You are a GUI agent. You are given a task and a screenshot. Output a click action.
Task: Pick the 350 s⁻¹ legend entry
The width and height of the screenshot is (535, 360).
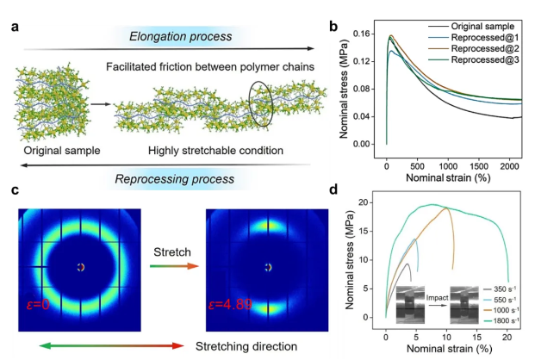pos(499,289)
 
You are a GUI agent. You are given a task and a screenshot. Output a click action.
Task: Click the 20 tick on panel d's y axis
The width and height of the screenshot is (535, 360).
pos(373,202)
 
